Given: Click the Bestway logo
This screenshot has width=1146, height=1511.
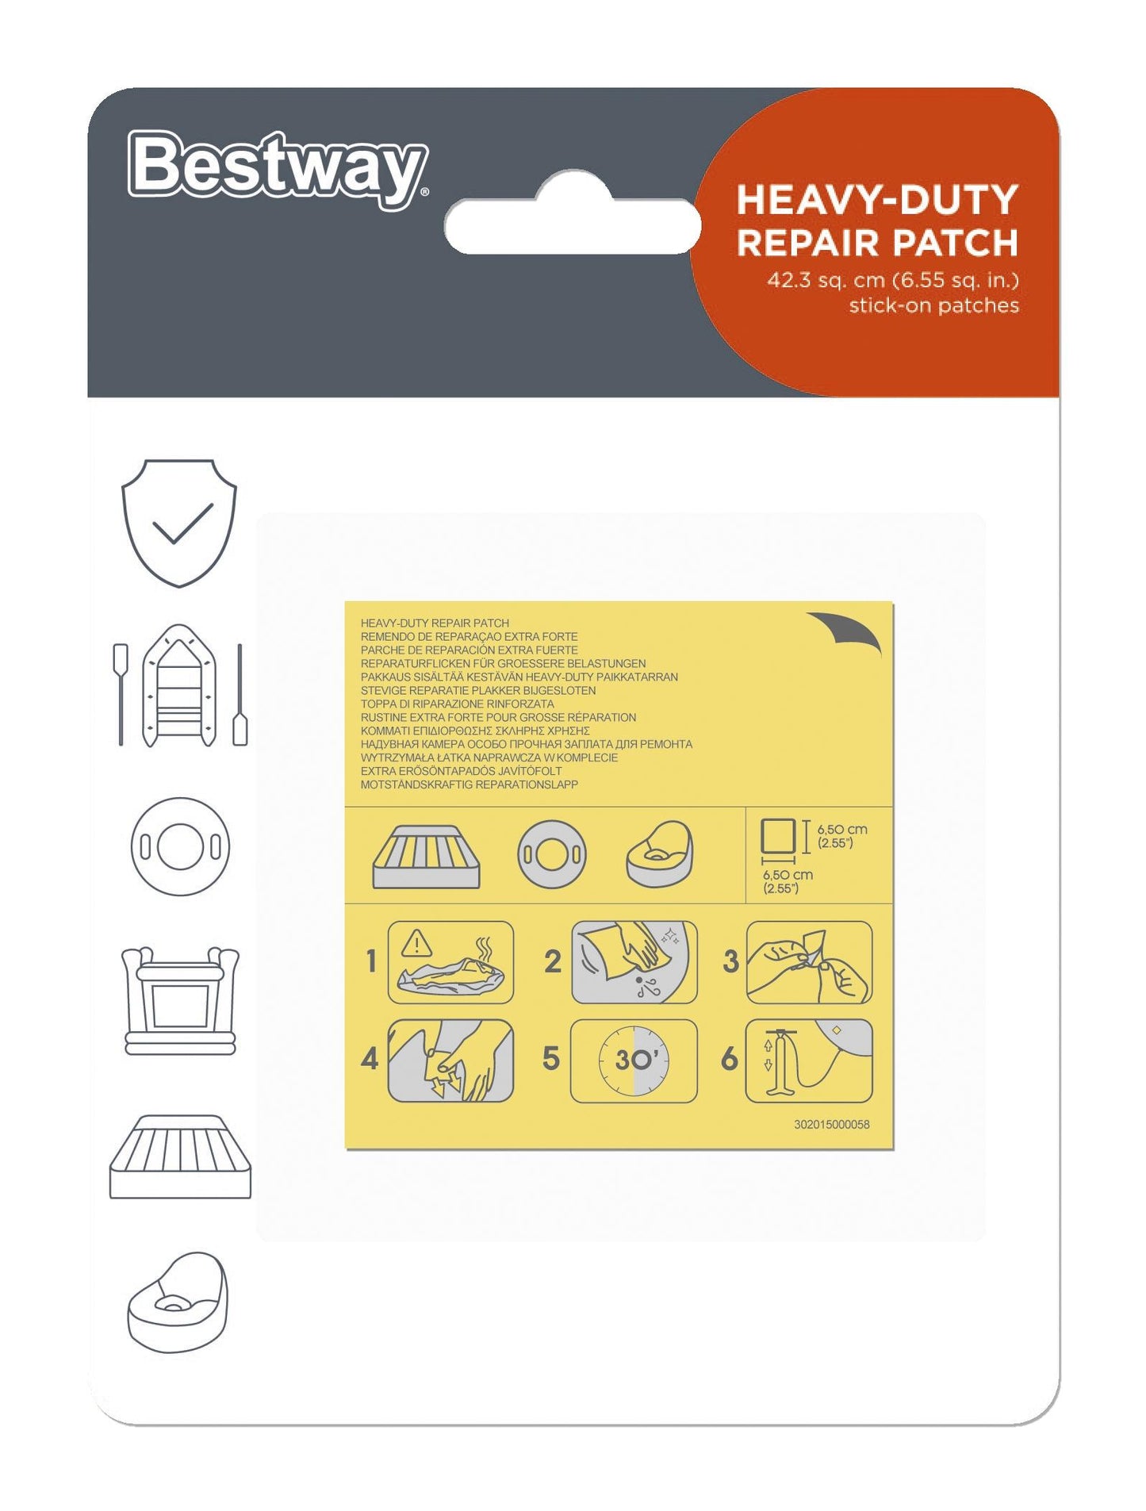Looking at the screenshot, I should point(278,168).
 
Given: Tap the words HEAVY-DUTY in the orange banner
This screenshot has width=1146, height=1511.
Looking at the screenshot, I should point(876,200).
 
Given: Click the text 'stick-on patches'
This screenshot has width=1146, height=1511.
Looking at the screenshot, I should point(933,306).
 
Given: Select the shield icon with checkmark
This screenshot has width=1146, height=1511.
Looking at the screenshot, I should point(179,523).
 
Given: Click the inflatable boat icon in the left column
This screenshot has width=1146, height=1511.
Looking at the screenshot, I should point(179,686).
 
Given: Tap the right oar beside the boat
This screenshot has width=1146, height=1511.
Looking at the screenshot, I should point(240,696).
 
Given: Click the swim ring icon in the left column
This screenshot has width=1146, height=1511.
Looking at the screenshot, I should point(180,846).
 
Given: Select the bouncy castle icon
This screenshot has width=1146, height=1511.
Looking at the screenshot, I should point(180,1001).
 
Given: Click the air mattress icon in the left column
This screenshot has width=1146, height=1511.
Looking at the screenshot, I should point(180,1157).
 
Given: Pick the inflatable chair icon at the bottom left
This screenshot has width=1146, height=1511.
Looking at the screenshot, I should point(178,1302).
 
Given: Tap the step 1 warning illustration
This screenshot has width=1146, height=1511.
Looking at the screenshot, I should point(450,962).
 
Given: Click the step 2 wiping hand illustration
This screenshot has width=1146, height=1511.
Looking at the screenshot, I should point(634,962).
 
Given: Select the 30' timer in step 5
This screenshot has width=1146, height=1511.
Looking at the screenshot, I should point(634,1060).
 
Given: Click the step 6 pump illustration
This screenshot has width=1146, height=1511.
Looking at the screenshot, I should point(808,1060).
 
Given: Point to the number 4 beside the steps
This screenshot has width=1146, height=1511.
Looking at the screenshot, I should point(370,1060).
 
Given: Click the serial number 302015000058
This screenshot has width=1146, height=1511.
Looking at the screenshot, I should point(831,1125).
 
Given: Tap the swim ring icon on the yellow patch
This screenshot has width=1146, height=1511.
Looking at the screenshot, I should point(552,855).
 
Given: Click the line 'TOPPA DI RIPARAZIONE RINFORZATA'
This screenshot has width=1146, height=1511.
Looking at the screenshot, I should point(457,704).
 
